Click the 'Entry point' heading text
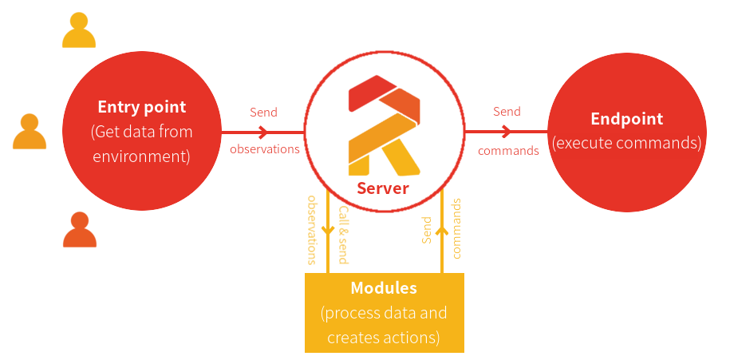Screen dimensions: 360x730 (x=141, y=107)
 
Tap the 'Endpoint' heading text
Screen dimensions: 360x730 (x=626, y=119)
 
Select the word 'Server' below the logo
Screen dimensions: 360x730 (x=382, y=188)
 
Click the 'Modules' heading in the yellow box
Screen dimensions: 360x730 (x=384, y=287)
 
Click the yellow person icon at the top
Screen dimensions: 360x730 (x=79, y=30)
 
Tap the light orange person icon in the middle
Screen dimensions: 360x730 (x=30, y=132)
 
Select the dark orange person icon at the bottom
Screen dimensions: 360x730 (x=80, y=230)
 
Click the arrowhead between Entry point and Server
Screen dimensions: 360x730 (x=262, y=132)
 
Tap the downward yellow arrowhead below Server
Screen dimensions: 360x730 (x=328, y=231)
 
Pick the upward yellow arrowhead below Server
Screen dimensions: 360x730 (x=441, y=231)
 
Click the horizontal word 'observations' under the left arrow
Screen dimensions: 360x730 (x=264, y=148)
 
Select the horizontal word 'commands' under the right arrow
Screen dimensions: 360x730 (x=508, y=150)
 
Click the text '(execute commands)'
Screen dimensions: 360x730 (x=626, y=144)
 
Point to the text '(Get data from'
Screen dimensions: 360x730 (x=141, y=132)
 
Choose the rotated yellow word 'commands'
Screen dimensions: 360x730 (x=457, y=228)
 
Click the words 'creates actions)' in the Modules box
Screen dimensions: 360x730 (x=383, y=338)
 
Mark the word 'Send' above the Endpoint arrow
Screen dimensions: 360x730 (x=507, y=112)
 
